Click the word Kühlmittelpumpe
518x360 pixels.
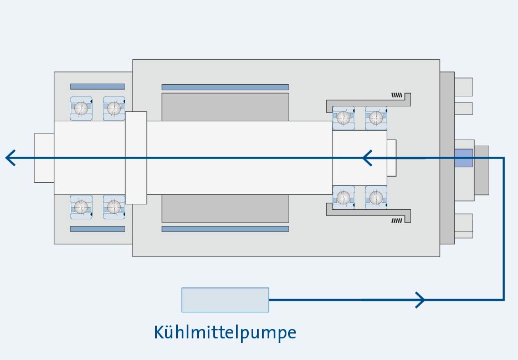pos(224,332)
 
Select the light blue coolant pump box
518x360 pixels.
pos(225,300)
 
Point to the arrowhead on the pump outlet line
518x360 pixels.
pos(420,300)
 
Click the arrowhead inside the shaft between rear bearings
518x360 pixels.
pos(367,158)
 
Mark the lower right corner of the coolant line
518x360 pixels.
pos(504,300)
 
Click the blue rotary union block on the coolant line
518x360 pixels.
pos(463,158)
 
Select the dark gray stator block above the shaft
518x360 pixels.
pos(225,106)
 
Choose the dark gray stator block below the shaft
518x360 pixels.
pos(225,208)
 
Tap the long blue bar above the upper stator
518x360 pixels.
pos(225,87)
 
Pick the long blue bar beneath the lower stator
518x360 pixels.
pos(225,229)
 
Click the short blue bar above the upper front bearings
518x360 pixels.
pos(98,86)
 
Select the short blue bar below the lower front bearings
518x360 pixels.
pos(98,229)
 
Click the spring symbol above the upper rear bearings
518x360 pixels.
pos(397,95)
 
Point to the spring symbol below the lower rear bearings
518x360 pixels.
pos(397,220)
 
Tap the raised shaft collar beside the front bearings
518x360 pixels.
pos(136,158)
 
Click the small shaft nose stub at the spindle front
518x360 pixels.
pos(44,158)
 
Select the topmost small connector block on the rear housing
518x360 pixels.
pos(464,87)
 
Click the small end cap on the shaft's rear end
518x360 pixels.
pos(392,158)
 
